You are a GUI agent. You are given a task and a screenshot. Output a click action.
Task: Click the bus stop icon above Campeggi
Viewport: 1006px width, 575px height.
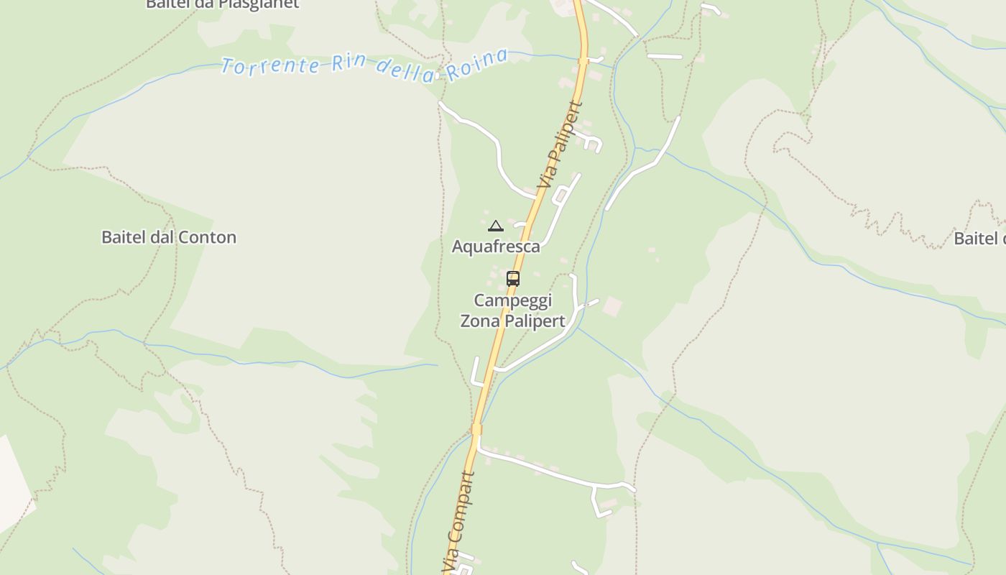513,278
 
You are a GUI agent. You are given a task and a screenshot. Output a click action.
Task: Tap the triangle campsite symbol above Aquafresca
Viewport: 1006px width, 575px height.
495,226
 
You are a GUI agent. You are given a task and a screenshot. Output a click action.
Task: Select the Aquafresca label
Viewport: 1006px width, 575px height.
496,247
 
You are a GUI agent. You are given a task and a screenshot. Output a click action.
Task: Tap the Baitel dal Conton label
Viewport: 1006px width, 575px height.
169,237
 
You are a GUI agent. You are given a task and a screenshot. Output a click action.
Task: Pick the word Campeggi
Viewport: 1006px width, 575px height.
512,300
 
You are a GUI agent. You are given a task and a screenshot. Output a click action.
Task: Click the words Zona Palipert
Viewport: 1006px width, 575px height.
512,321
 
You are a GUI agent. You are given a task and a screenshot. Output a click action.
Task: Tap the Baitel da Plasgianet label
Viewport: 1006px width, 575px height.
222,4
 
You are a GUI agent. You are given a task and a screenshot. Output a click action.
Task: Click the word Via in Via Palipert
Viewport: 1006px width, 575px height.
547,172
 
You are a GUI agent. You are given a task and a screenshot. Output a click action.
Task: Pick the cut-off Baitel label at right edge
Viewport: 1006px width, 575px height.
979,239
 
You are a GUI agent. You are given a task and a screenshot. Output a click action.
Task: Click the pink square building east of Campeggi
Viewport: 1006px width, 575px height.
612,306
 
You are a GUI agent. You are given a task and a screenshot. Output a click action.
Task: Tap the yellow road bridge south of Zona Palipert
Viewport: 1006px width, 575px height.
476,429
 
